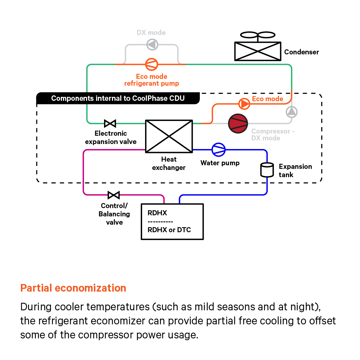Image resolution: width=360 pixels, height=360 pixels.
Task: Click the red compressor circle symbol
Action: point(238,123)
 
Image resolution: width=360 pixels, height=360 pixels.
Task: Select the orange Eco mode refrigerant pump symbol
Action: point(152,64)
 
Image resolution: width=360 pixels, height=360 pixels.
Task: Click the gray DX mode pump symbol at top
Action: point(152,45)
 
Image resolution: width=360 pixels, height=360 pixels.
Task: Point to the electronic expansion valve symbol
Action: point(110,123)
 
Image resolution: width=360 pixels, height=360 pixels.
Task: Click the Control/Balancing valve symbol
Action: point(114,195)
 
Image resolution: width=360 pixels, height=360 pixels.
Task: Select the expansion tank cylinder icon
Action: point(267,170)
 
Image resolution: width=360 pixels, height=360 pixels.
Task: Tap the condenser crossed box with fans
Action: point(257,51)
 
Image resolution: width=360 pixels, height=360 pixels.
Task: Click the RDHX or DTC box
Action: point(172,221)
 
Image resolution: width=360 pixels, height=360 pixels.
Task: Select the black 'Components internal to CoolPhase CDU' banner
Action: point(118,98)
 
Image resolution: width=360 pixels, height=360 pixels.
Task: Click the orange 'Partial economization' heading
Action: point(73,288)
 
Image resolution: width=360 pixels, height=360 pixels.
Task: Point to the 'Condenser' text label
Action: point(301,52)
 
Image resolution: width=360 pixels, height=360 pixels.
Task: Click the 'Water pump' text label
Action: point(220,163)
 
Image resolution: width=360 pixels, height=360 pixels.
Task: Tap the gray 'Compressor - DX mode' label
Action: point(273,135)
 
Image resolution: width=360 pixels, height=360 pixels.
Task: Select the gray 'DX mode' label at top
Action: point(151,33)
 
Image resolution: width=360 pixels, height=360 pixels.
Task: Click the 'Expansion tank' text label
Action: point(295,171)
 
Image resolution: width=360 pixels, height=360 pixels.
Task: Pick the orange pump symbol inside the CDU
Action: point(244,104)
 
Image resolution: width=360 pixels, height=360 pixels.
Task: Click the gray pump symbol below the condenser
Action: point(292,112)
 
